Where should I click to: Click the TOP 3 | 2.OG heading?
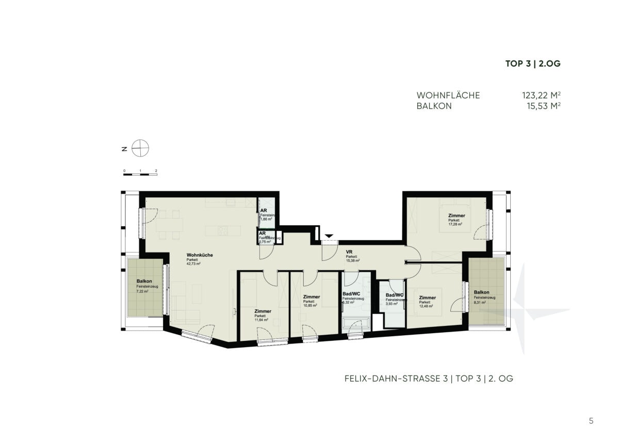point(532,64)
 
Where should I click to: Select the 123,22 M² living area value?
point(541,96)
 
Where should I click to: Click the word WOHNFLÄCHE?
point(448,96)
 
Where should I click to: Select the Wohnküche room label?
point(200,255)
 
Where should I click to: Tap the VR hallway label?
point(349,252)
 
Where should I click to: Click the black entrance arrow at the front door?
point(329,236)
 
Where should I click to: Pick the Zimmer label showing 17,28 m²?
point(457,215)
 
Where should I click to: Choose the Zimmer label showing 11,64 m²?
point(263,311)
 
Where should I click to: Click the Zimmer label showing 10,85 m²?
point(312,297)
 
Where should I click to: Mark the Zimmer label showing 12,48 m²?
point(427,298)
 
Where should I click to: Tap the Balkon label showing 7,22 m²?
point(144,281)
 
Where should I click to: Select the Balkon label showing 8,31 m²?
point(481,292)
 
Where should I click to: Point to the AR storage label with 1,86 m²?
point(263,211)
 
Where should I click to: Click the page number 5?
point(591,421)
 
